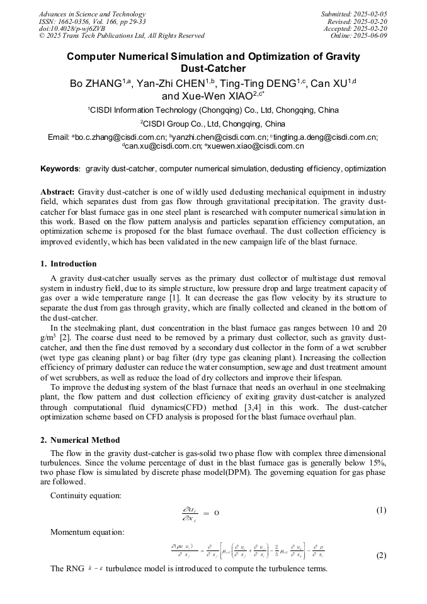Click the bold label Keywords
click(x=60, y=169)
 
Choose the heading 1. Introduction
click(x=69, y=264)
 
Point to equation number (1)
click(x=381, y=510)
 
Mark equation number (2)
click(x=381, y=556)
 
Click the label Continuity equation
click(x=86, y=496)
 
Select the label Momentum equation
click(x=87, y=532)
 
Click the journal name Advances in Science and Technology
click(x=92, y=14)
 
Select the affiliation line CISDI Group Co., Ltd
click(x=212, y=123)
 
